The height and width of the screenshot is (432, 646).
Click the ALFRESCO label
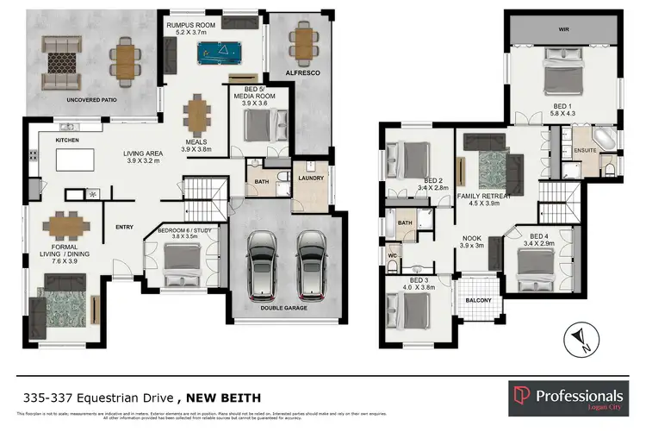302,74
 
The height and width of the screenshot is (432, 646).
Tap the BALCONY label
480,300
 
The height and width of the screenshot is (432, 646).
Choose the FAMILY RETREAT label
484,196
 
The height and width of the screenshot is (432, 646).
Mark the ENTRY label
125,228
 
